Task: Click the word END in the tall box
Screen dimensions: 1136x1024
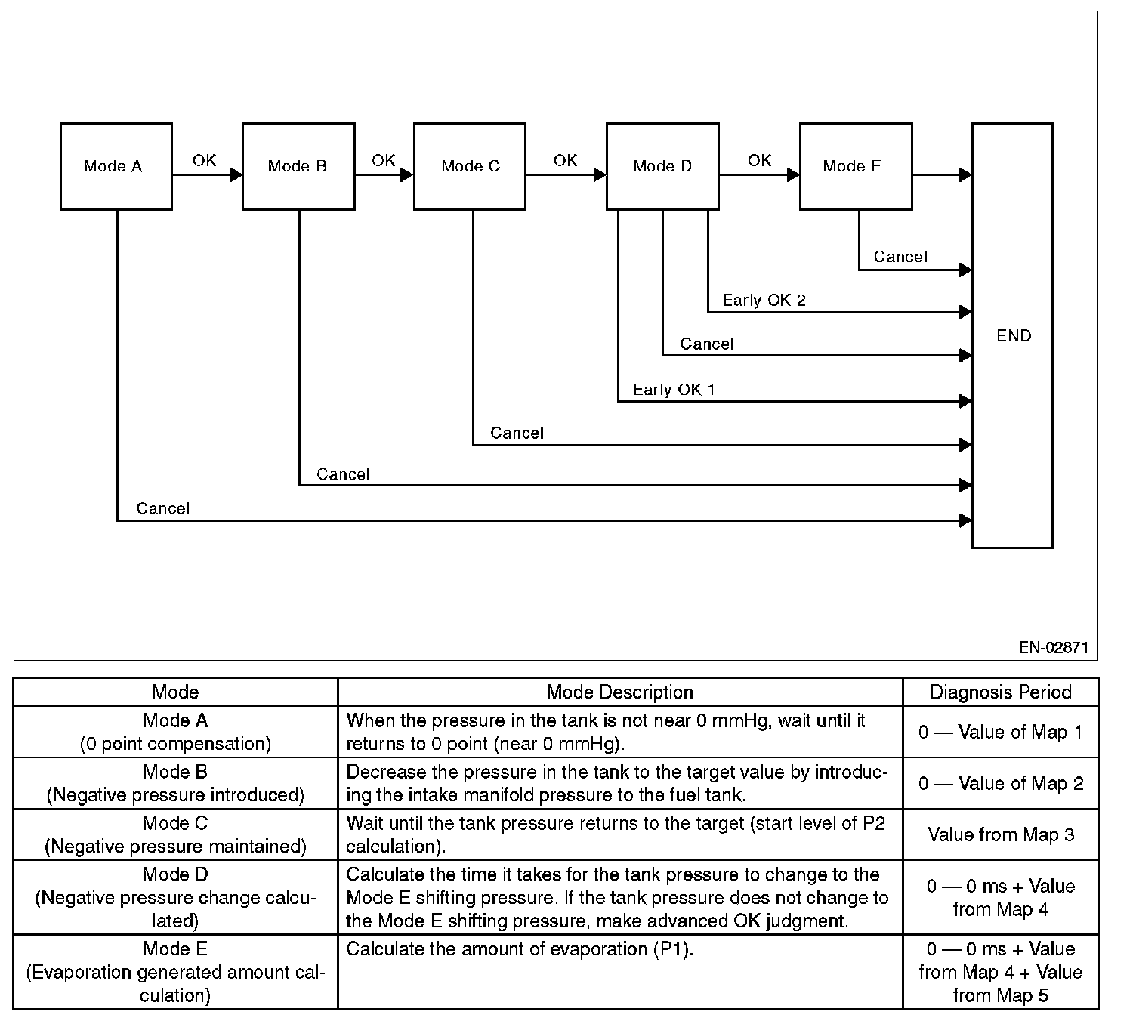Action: click(1014, 336)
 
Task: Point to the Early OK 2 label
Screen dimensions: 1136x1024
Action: click(764, 301)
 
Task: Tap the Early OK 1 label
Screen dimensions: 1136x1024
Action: click(674, 390)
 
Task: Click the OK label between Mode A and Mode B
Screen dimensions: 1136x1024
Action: click(204, 161)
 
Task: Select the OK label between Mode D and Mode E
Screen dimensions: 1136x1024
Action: click(759, 161)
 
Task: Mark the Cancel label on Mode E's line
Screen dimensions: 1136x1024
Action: click(900, 257)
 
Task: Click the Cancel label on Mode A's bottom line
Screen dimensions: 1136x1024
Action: click(163, 509)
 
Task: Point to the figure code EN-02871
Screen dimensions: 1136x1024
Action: click(1054, 647)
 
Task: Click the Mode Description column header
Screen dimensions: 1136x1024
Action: click(620, 692)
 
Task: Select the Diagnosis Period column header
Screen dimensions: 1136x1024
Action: click(1001, 692)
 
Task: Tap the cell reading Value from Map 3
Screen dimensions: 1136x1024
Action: click(1001, 835)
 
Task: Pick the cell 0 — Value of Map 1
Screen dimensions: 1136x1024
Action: click(1001, 733)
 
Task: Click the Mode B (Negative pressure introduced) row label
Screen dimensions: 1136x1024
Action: click(175, 783)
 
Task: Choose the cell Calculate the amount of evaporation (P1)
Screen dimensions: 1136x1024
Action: click(520, 949)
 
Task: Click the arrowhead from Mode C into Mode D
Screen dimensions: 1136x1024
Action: click(600, 175)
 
